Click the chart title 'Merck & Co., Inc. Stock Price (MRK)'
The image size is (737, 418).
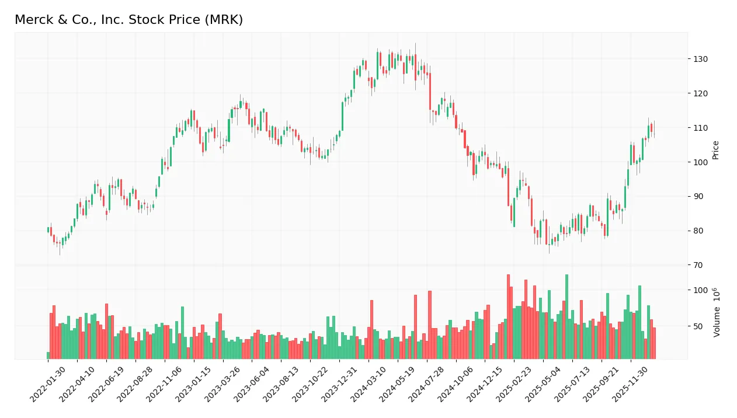(x=128, y=20)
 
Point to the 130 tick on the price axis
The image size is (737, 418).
(x=701, y=59)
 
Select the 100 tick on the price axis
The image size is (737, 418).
(x=701, y=162)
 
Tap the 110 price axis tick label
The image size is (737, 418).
(x=701, y=128)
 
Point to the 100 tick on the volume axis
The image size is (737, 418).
(x=701, y=290)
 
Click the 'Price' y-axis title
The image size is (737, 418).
(x=715, y=150)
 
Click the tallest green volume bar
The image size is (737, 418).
(x=566, y=316)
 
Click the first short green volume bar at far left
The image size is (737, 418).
(x=48, y=356)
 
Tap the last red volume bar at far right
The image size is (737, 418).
(x=654, y=343)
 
